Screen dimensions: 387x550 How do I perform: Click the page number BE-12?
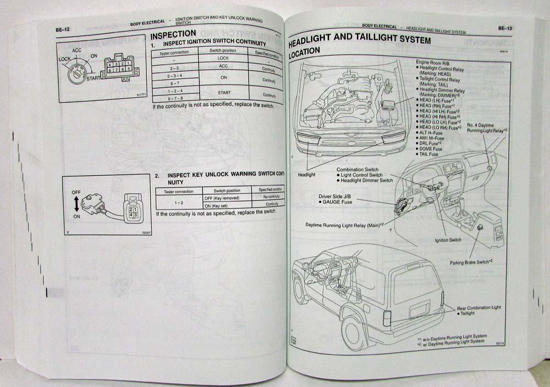pyautogui.click(x=56, y=27)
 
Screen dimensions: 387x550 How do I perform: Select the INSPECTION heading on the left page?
pyautogui.click(x=173, y=35)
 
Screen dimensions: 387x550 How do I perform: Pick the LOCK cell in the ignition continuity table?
pyautogui.click(x=223, y=58)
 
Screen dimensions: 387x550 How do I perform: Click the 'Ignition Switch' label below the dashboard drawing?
pyautogui.click(x=448, y=240)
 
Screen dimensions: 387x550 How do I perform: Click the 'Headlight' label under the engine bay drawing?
pyautogui.click(x=307, y=175)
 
